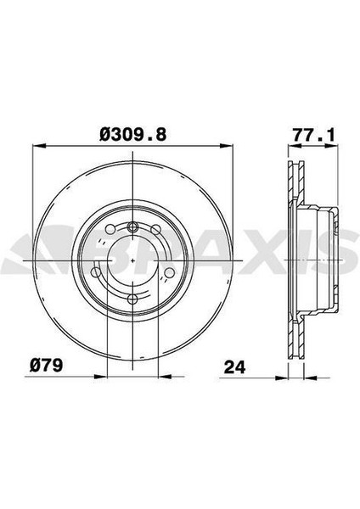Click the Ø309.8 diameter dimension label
(133, 134)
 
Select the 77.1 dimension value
(313, 136)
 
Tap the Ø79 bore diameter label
(46, 366)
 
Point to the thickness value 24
(235, 367)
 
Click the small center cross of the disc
(133, 260)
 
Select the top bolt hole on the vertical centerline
(133, 226)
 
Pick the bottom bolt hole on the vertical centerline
(133, 298)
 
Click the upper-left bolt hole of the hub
(110, 229)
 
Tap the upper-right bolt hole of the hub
(156, 229)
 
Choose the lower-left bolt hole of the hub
(97, 272)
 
